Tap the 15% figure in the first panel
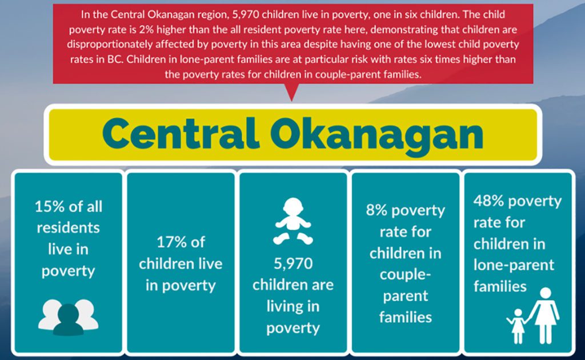click(x=50, y=206)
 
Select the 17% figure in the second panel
click(x=170, y=242)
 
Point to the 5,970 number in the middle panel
click(x=293, y=264)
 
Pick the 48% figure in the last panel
click(x=489, y=201)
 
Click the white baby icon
click(x=293, y=221)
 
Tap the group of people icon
click(x=69, y=317)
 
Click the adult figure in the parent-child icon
click(x=545, y=315)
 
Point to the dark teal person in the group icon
click(x=69, y=319)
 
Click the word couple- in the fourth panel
click(x=406, y=275)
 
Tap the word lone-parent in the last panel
click(x=514, y=265)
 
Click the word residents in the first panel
click(x=69, y=227)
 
